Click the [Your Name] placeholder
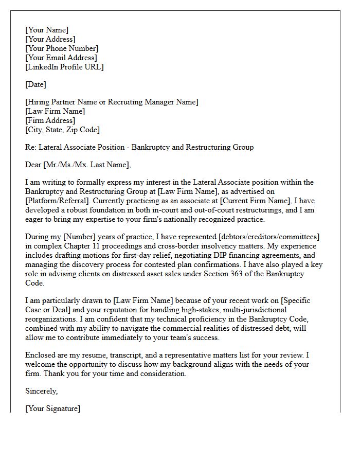click(x=47, y=30)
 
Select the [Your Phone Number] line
click(x=61, y=48)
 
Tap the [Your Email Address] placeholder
click(x=61, y=58)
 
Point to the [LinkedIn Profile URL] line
click(x=64, y=67)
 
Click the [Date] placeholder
click(x=35, y=84)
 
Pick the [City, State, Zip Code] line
click(x=63, y=130)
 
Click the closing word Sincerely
click(x=42, y=391)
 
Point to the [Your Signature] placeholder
click(x=52, y=408)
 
